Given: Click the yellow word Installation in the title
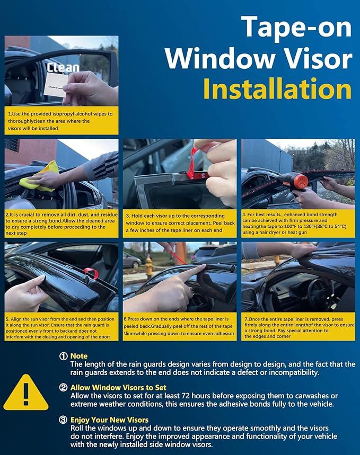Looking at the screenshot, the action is click(277, 89).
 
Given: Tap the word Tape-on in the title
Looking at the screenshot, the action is click(296, 27).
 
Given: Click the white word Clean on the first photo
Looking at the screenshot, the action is click(63, 67).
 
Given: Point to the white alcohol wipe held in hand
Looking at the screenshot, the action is click(55, 84).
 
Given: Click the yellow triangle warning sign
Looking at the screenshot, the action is click(26, 393).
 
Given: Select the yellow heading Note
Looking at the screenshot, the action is click(79, 356).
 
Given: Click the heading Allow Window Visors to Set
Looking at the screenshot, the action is click(118, 388).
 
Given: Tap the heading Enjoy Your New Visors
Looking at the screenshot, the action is click(109, 420).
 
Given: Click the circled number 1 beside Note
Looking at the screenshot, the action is click(63, 356).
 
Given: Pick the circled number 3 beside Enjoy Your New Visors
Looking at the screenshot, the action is click(63, 420).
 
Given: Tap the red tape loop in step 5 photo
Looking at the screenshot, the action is click(91, 273).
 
